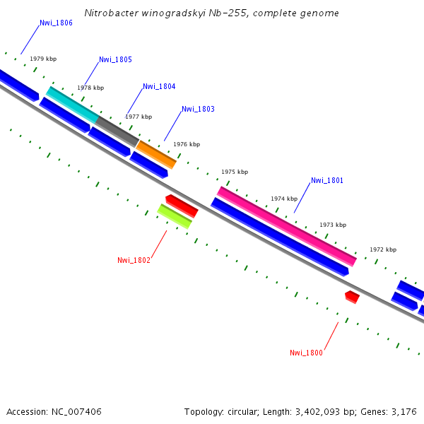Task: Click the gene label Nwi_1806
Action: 56,23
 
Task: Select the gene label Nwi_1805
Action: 115,60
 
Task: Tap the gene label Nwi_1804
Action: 159,87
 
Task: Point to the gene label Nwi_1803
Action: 198,110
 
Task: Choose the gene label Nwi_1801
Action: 327,181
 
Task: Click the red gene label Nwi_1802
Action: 134,261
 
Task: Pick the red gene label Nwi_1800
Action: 306,353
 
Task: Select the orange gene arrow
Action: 156,154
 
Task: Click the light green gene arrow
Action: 174,216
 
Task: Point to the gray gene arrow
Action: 117,131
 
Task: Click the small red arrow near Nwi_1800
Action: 352,297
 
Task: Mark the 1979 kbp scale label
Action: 43,59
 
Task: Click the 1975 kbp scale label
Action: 235,172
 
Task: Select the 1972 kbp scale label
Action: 383,250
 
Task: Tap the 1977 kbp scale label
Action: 139,117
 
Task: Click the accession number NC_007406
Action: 76,411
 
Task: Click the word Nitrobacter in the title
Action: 110,13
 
